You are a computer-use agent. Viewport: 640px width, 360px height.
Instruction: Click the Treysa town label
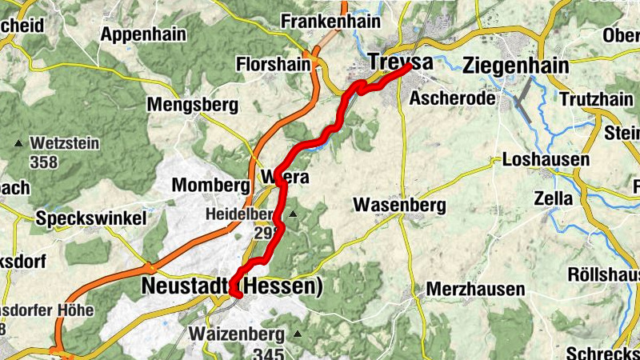400,62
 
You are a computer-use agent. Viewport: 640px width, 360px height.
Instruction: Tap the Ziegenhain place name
516,66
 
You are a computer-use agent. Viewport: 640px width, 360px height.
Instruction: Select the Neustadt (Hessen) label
232,286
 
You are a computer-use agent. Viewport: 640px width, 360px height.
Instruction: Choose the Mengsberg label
193,105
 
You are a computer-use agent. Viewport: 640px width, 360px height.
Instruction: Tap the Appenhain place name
143,34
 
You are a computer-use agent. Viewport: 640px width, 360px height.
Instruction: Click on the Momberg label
211,186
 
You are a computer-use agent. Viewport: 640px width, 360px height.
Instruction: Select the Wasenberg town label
399,206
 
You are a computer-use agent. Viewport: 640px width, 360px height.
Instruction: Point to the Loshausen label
546,160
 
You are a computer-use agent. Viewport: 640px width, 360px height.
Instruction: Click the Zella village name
554,198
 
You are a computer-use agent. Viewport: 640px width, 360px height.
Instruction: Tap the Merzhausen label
475,289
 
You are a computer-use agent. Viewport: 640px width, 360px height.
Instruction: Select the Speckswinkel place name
91,218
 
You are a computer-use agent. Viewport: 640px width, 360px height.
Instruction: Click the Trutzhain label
596,99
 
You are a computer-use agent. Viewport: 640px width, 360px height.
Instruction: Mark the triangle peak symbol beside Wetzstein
18,144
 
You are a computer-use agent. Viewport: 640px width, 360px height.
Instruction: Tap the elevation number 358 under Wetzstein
42,162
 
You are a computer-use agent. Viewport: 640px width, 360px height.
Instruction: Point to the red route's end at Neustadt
237,295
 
